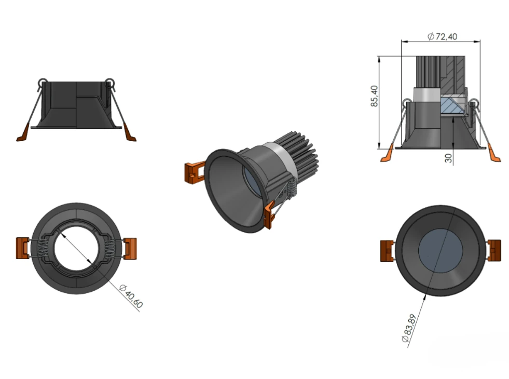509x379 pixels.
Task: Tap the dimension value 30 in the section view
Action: click(x=448, y=157)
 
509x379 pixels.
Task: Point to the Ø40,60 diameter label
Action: click(x=130, y=296)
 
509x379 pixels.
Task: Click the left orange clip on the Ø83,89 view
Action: click(x=388, y=251)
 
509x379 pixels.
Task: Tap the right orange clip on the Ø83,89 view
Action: click(x=494, y=250)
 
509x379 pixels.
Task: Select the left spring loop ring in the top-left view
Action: click(x=42, y=82)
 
